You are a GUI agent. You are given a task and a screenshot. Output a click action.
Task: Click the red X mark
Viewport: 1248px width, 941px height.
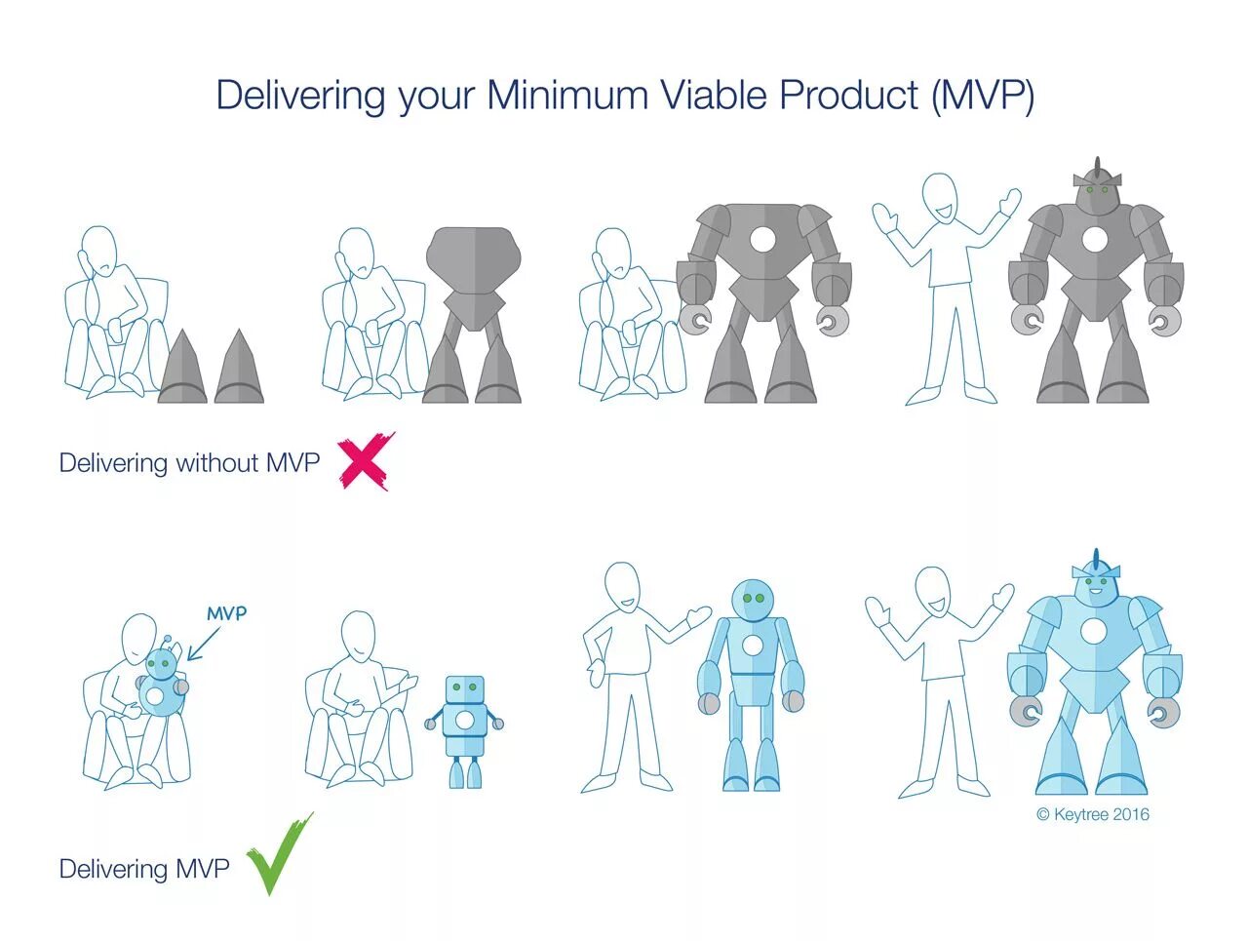(x=366, y=460)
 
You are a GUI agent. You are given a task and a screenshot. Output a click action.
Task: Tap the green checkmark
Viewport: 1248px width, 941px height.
(x=279, y=854)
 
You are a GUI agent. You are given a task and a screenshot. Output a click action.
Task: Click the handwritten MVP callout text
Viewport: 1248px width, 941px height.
(x=226, y=613)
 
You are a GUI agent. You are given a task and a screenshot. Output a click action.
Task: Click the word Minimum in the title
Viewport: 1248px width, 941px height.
(x=567, y=96)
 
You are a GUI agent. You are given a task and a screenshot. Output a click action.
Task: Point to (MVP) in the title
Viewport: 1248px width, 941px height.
(x=983, y=96)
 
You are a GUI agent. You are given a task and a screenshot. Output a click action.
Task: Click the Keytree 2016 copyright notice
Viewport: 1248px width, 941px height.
(x=1093, y=814)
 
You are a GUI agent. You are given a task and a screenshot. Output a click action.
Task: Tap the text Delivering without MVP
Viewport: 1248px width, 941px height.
(x=189, y=462)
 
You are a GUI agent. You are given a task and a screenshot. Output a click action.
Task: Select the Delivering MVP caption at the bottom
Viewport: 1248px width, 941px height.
(x=144, y=869)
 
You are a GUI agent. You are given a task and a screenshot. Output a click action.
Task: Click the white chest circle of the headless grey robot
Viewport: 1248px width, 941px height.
(x=762, y=239)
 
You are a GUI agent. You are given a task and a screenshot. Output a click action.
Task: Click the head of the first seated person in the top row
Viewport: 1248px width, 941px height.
(x=97, y=250)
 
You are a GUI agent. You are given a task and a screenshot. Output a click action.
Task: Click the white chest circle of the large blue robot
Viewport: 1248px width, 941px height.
(x=1094, y=632)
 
